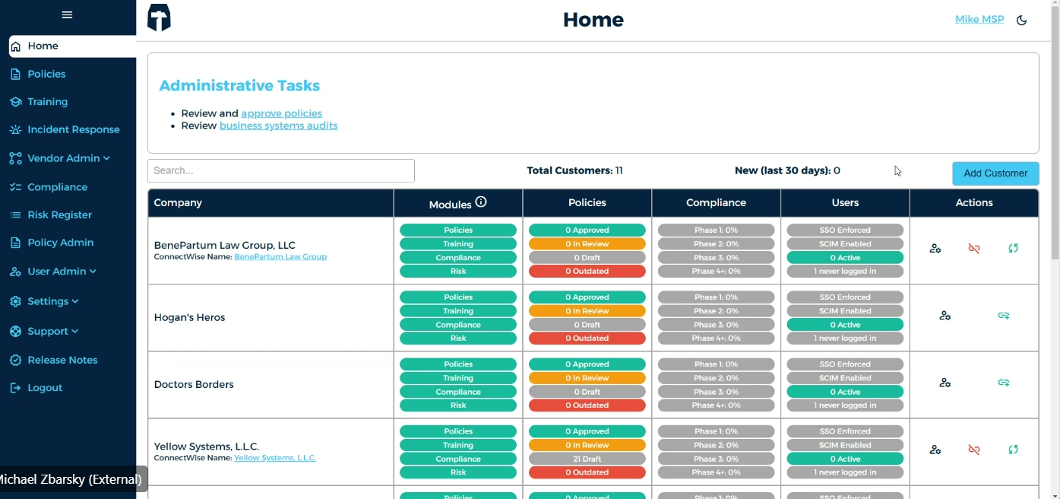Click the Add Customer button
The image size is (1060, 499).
(x=995, y=173)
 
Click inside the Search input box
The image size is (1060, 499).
(x=280, y=171)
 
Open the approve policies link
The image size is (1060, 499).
(x=281, y=113)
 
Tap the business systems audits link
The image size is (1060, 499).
(x=278, y=126)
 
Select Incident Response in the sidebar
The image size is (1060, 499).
(x=73, y=130)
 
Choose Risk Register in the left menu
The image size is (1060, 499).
(x=59, y=215)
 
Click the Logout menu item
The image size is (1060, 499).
(x=45, y=388)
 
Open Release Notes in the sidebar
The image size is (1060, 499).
(x=62, y=360)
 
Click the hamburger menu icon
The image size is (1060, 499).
(x=68, y=15)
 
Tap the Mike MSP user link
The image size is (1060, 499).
(x=979, y=20)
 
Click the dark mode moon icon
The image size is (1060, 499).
(x=1022, y=21)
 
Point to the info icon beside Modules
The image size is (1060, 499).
(x=481, y=202)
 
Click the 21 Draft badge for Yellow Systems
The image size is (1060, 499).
(x=587, y=459)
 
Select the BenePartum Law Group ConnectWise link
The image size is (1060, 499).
(x=280, y=257)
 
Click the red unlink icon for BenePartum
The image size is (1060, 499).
(x=974, y=249)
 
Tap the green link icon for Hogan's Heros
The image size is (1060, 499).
(x=1004, y=316)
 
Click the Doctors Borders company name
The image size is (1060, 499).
(x=194, y=385)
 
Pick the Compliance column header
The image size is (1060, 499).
(x=716, y=203)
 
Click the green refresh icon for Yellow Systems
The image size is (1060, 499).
(x=1013, y=450)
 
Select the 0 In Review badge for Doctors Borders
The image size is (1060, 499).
(x=587, y=378)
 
